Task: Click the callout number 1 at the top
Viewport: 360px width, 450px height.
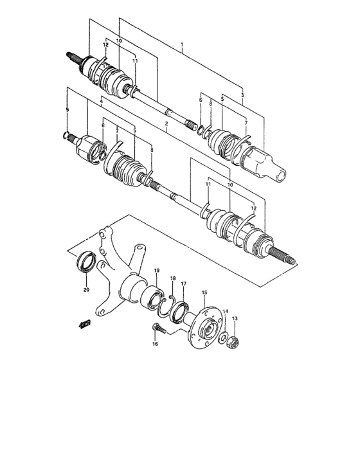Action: [182, 46]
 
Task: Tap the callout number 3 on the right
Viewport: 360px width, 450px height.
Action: [242, 94]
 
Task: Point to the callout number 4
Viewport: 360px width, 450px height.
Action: [101, 102]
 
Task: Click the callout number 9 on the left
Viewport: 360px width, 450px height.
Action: [67, 110]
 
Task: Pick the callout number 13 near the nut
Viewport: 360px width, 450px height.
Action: [235, 319]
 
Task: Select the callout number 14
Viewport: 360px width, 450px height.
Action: [225, 311]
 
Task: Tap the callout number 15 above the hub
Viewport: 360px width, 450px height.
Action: [204, 292]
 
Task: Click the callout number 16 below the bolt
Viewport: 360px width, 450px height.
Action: [154, 345]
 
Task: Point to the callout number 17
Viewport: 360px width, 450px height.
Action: [183, 284]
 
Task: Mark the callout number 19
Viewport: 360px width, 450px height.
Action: [156, 271]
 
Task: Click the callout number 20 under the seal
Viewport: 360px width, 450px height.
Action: [85, 289]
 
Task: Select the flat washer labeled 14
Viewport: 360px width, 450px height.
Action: [222, 337]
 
